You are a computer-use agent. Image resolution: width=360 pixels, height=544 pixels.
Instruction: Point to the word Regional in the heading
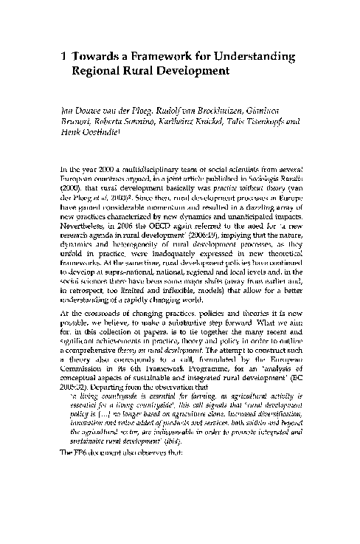click(100, 72)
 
